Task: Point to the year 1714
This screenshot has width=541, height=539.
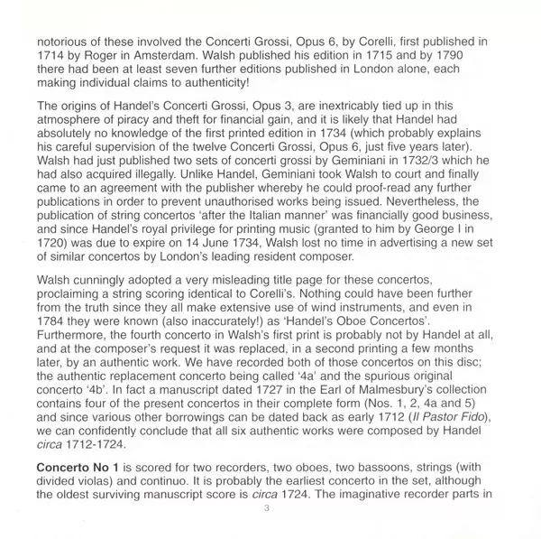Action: (41, 57)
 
